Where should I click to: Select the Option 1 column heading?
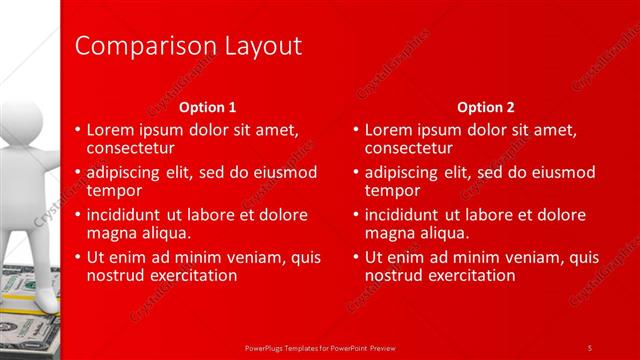(207, 107)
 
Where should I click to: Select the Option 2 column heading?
(486, 107)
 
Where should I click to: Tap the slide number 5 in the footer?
(590, 347)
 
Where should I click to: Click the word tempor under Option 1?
(114, 191)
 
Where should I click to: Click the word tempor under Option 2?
(392, 191)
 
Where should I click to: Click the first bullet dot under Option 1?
(79, 130)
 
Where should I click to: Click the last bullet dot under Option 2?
(357, 257)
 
